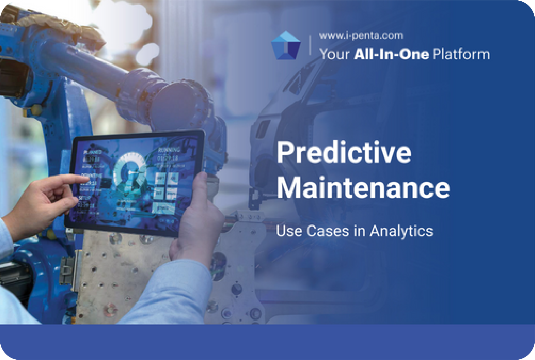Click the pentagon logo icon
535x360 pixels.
tap(286, 46)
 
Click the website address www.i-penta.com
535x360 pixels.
tap(361, 36)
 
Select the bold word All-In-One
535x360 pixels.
tap(392, 54)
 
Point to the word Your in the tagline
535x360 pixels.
tap(334, 54)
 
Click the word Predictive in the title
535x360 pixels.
tap(344, 152)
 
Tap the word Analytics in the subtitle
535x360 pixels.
tap(401, 231)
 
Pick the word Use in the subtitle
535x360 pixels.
tap(289, 231)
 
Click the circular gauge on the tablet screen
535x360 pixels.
tap(129, 170)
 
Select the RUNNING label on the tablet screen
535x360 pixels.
tap(169, 150)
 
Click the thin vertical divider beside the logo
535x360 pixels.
tap(310, 45)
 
